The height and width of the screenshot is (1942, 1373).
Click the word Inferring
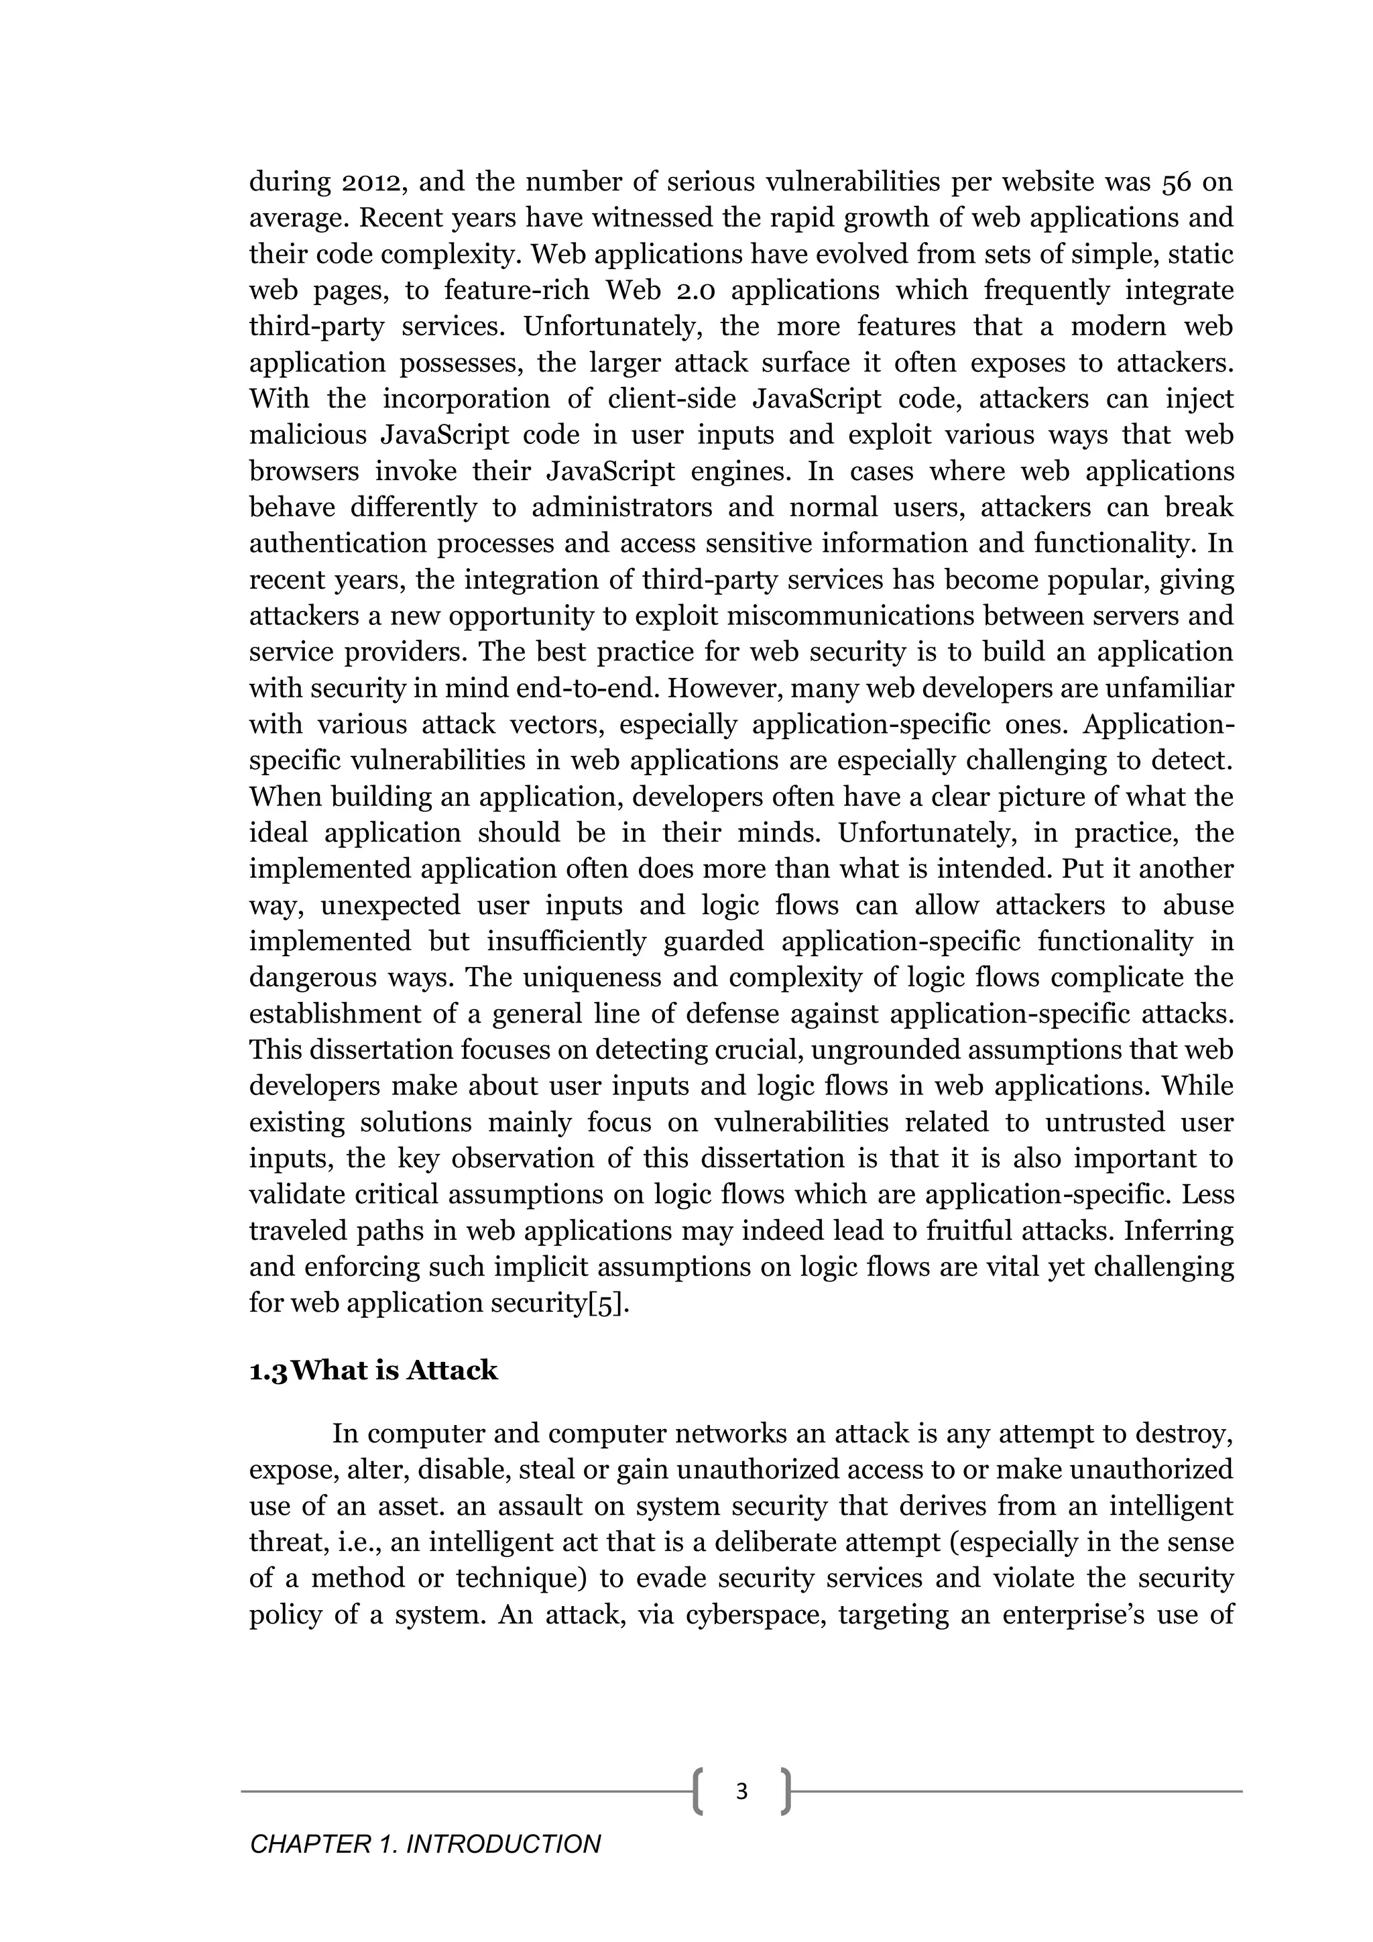point(1179,1231)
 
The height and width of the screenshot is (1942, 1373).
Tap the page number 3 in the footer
point(741,1790)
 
